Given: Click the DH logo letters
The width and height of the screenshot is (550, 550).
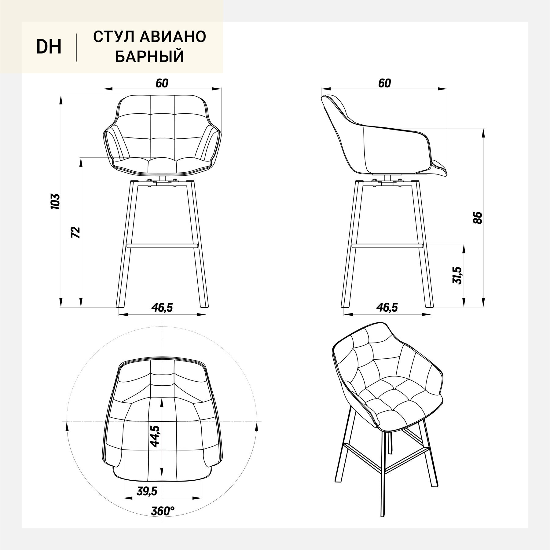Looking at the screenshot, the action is [x=49, y=47].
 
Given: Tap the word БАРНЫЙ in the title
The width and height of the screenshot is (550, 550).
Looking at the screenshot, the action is [x=150, y=57].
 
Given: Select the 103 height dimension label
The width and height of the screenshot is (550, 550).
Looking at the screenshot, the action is [x=55, y=201].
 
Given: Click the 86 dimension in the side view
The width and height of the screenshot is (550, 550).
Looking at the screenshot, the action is [x=478, y=218].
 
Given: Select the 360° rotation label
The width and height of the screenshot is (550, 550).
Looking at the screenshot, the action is [x=163, y=511].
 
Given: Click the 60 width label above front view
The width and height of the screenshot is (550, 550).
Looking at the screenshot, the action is [x=162, y=83].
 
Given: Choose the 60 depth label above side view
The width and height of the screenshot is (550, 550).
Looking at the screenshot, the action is [x=384, y=83].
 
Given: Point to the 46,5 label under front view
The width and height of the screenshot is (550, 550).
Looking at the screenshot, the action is [x=162, y=308].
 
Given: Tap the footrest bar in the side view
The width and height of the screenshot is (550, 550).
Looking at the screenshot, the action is [x=387, y=245].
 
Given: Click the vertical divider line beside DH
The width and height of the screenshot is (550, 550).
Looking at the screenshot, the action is [x=76, y=48].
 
